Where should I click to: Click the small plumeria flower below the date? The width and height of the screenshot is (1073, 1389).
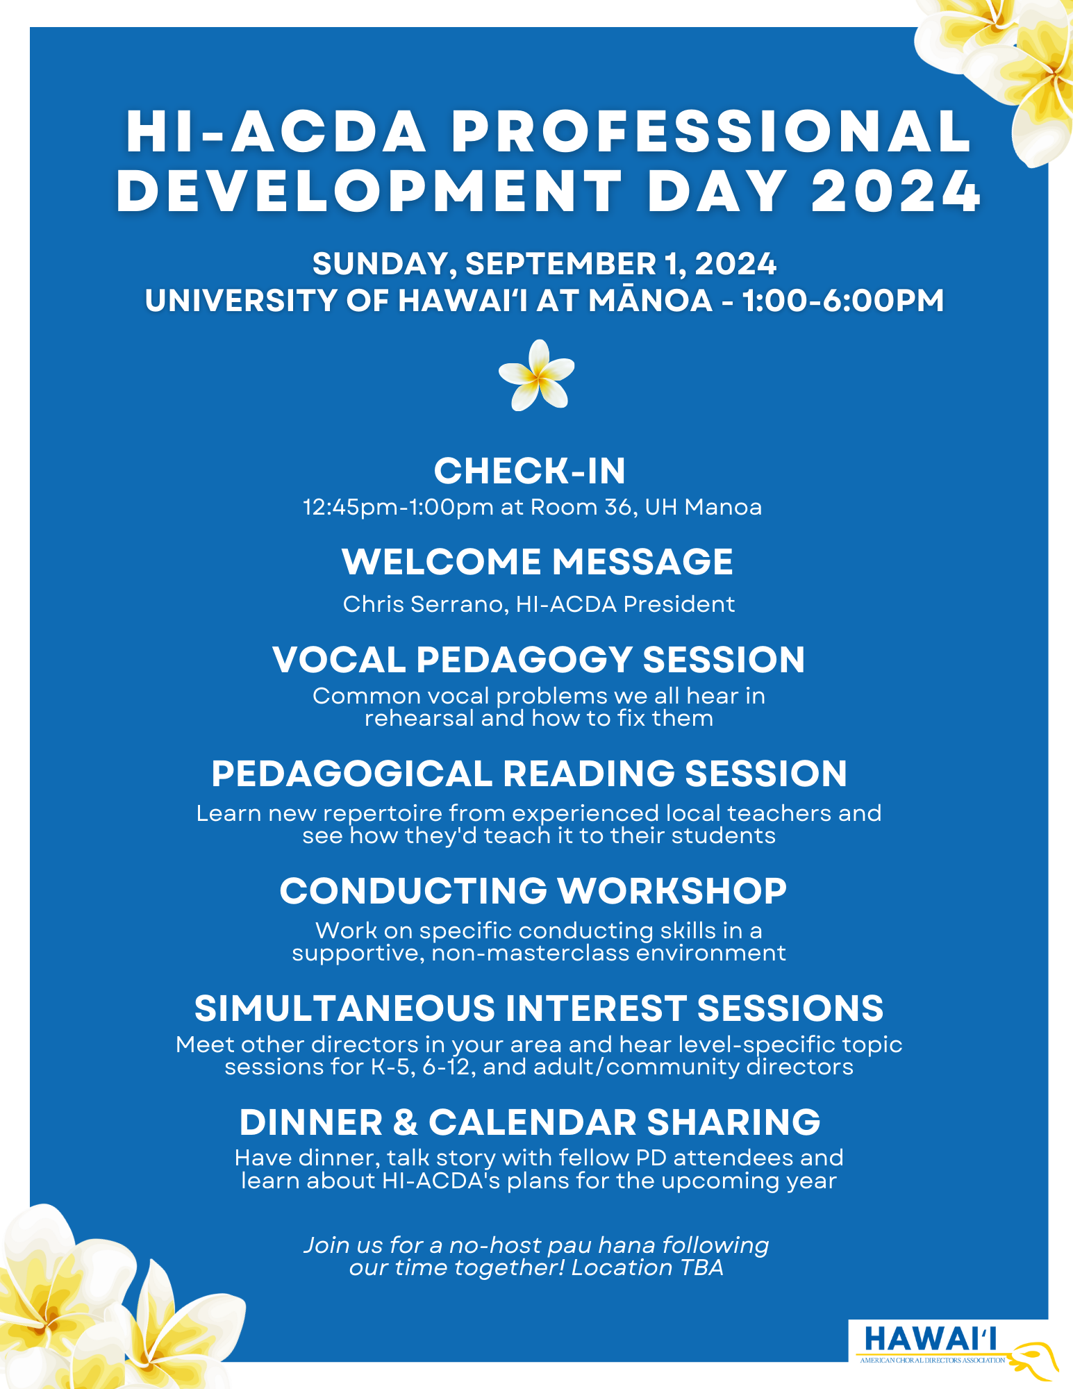point(536,375)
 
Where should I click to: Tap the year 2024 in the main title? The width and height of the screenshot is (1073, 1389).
point(896,191)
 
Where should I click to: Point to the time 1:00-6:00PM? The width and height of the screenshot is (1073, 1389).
point(843,301)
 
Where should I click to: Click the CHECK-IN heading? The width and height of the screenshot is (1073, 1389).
point(530,471)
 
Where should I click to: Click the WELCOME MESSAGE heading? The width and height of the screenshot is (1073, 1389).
point(538,561)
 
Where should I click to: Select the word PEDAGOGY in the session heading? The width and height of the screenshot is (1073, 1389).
point(524,660)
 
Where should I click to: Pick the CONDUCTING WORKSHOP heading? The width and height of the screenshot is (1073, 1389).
point(533,891)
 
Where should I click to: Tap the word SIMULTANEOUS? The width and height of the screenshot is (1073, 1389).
point(344,1008)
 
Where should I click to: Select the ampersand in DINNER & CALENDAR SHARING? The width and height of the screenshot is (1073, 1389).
point(406,1122)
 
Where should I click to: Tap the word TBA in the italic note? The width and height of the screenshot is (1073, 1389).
point(702,1267)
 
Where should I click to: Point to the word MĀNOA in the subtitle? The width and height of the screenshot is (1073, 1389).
point(651,300)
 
